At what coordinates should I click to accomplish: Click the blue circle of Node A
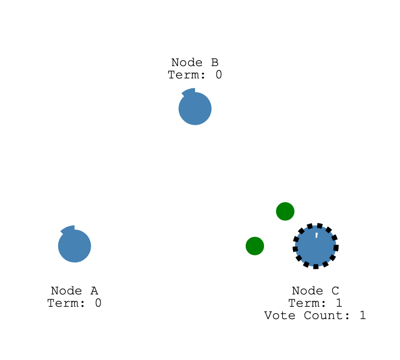tap(74, 246)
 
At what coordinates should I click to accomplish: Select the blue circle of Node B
tap(195, 109)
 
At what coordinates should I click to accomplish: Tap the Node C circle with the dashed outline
tap(316, 246)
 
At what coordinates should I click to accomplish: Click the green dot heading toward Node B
tap(285, 211)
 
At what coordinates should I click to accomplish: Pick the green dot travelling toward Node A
tap(255, 246)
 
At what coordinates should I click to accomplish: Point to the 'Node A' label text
tap(74, 290)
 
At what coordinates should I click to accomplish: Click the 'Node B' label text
tap(195, 63)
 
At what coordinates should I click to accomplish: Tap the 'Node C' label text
tap(316, 290)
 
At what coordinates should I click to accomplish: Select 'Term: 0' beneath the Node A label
tap(74, 303)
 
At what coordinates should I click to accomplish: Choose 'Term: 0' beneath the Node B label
tap(195, 75)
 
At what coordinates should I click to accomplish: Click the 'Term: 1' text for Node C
tap(316, 303)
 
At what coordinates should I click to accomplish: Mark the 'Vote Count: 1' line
tap(315, 315)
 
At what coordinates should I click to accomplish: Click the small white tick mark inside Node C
tap(317, 236)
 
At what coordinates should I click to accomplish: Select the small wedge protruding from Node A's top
tap(68, 229)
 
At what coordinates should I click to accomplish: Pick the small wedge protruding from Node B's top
tap(189, 92)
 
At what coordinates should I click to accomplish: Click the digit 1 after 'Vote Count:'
tap(363, 315)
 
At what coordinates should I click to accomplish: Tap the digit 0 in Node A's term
tap(98, 303)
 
